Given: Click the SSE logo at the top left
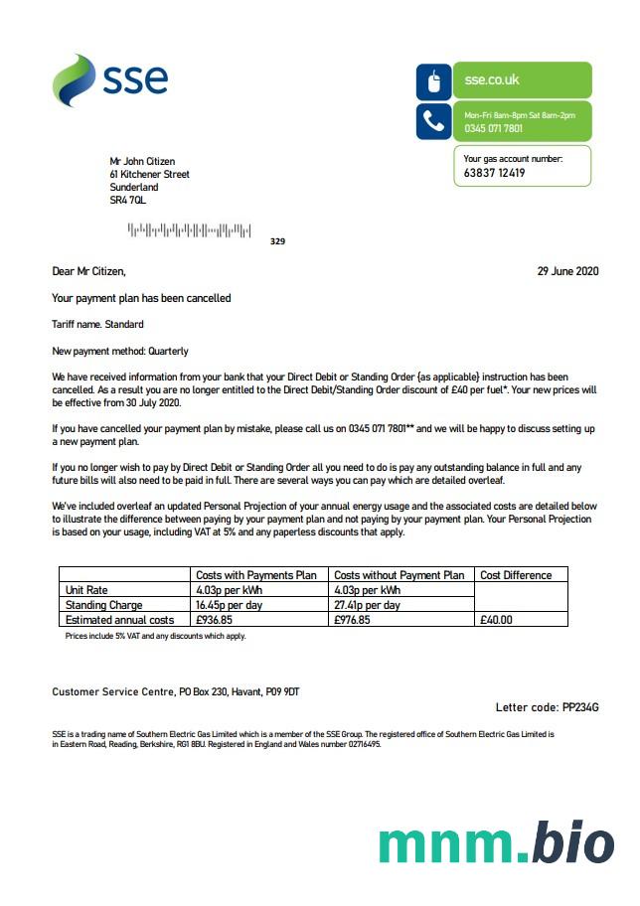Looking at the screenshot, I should (109, 79).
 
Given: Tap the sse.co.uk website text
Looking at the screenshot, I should (492, 79).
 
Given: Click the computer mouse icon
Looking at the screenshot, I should (433, 81).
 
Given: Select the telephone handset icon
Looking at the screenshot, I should (433, 121).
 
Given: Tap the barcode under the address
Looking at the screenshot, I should (189, 231).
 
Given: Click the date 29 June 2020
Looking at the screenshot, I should (568, 270).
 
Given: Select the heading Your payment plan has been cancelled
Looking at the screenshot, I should (141, 298).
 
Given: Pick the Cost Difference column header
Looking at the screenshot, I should (516, 575).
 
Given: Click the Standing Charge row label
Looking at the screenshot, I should (103, 605).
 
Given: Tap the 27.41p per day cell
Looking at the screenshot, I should (367, 605).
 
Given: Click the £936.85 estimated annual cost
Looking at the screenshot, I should (215, 620).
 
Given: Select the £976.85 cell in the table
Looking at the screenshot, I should (352, 620).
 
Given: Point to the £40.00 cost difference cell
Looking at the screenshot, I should (497, 620).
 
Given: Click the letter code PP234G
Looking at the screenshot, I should (580, 707).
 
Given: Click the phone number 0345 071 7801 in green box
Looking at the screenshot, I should (494, 129).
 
